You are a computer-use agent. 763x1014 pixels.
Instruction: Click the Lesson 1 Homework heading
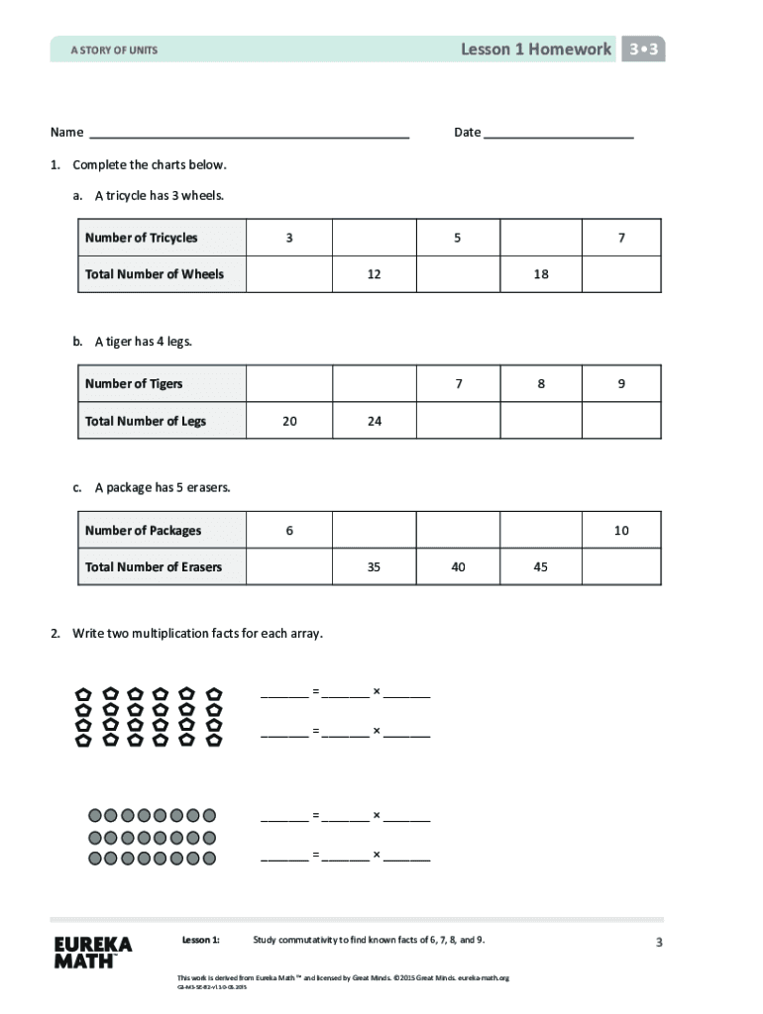[536, 50]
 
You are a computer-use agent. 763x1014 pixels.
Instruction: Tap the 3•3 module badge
[643, 50]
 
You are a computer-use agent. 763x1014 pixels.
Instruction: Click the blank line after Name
[249, 133]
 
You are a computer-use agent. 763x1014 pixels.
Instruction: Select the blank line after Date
[559, 133]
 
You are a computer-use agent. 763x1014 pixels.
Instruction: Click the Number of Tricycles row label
[142, 238]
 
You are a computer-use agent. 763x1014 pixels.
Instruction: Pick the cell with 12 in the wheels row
[374, 274]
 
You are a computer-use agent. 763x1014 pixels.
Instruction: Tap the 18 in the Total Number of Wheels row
[541, 274]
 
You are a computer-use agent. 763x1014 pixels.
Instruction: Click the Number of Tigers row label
[135, 384]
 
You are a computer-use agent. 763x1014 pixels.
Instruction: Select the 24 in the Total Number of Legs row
[374, 421]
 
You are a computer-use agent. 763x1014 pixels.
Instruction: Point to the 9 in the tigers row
[621, 384]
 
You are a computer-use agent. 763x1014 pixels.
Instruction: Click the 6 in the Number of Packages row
[289, 531]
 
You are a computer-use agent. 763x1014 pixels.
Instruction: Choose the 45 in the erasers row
[541, 567]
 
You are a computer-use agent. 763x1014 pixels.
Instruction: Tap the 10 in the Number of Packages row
[621, 531]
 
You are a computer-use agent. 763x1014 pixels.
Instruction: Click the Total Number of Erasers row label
[154, 567]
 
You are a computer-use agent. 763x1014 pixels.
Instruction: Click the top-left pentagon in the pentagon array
[84, 694]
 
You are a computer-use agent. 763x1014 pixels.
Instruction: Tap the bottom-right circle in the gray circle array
[209, 858]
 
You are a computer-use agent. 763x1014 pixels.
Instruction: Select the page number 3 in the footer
[658, 943]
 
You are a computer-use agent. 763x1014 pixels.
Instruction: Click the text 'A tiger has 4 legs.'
[143, 342]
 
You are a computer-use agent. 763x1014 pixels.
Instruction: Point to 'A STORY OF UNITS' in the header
[114, 50]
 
